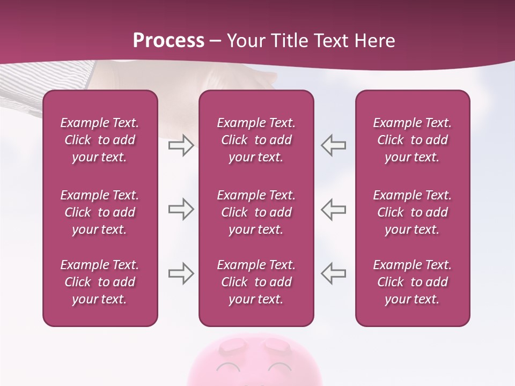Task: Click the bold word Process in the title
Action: [x=168, y=41]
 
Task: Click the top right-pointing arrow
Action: [x=181, y=145]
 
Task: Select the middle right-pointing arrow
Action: [x=181, y=209]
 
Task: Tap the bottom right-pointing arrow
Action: [x=181, y=273]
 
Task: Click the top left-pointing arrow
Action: [x=333, y=145]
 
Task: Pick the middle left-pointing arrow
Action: [x=333, y=209]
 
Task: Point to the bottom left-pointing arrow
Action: [x=333, y=273]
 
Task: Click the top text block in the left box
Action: [x=100, y=140]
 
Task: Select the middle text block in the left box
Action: [x=100, y=212]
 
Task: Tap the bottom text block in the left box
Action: [x=100, y=282]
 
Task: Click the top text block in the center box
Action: [x=256, y=140]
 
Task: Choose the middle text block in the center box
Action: [x=256, y=212]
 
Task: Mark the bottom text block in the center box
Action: [x=256, y=282]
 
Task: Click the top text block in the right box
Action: [x=413, y=140]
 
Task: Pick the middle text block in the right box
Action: [x=413, y=212]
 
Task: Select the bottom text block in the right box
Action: [x=413, y=282]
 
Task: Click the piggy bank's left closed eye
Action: [x=229, y=367]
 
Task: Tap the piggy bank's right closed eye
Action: [x=280, y=367]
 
